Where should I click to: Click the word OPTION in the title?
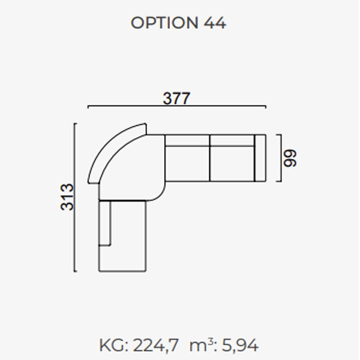pos(164,22)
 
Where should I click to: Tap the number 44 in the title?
pos(215,23)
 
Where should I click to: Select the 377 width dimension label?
pos(176,98)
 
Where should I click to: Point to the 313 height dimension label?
pos(67,197)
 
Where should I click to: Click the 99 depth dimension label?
pos(290,158)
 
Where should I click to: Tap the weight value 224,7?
pos(155,345)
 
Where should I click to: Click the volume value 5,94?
pos(240,345)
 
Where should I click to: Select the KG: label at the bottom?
pos(113,345)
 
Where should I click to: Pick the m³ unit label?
pos(201,344)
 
